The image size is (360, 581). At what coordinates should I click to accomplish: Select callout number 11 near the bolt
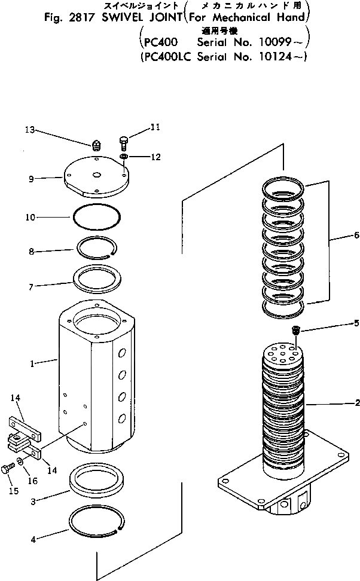click(155, 127)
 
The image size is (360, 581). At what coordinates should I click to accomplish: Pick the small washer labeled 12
click(123, 157)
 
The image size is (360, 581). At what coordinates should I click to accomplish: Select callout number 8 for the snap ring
click(33, 251)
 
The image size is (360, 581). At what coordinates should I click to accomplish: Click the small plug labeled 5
click(295, 330)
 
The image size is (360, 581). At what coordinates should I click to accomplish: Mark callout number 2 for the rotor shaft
click(356, 403)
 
